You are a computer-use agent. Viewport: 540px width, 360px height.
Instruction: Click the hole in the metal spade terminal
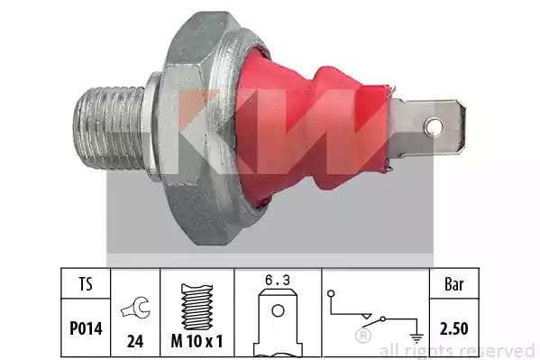coord(434,127)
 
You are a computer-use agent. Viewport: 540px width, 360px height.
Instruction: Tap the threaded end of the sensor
coord(109,127)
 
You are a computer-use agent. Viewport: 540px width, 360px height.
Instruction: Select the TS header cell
coord(86,284)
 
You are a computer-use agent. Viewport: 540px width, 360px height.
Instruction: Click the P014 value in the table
coord(86,328)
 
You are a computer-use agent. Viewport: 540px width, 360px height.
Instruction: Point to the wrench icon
coord(135,307)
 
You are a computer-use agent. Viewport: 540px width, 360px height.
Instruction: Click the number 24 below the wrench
coord(135,341)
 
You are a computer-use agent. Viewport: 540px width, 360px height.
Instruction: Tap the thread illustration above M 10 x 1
coord(197,307)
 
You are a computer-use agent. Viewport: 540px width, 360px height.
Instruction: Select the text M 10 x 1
coord(197,341)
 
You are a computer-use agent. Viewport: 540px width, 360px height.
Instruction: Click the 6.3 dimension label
coord(278,280)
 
